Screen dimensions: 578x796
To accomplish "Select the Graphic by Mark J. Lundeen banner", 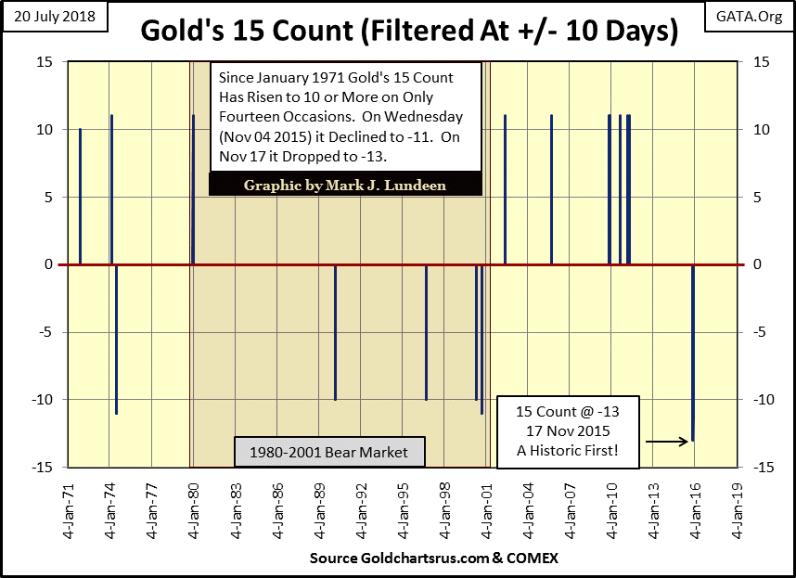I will [x=345, y=185].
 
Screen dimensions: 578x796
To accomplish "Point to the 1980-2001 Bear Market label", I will [x=329, y=453].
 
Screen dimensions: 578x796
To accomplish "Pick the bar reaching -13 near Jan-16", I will [x=693, y=353].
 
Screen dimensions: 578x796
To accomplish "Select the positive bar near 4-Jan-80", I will [x=193, y=190].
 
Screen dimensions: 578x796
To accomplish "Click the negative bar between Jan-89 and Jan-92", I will [x=335, y=332].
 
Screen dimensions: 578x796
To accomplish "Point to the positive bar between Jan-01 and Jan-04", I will [x=505, y=190].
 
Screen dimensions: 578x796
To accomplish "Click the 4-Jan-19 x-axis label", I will [x=738, y=511].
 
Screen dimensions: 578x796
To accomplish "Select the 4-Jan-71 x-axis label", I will [x=68, y=511].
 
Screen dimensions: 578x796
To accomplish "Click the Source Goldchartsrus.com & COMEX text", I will [x=434, y=559].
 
